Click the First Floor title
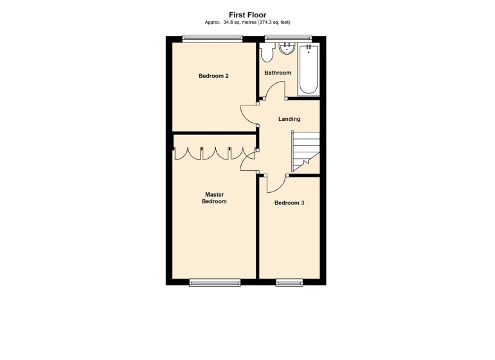(x=248, y=14)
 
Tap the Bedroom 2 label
(x=213, y=76)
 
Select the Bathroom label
(x=278, y=73)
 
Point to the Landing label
(x=289, y=119)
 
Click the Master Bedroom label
(x=215, y=197)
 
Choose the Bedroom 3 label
(x=289, y=203)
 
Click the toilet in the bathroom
(x=266, y=52)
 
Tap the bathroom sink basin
(x=287, y=48)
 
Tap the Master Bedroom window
(x=215, y=282)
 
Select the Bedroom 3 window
(x=289, y=282)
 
